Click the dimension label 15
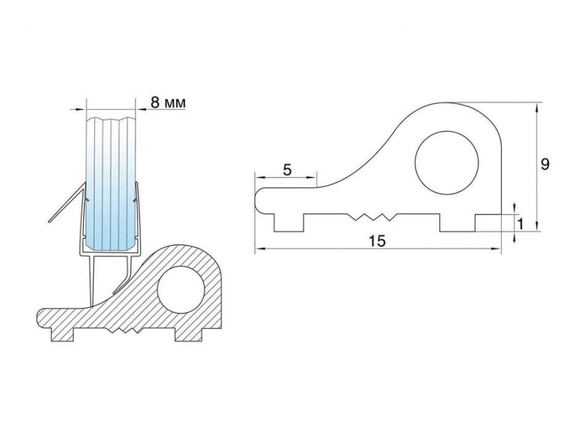pyautogui.click(x=378, y=241)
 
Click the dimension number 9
pyautogui.click(x=545, y=164)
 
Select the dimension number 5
pyautogui.click(x=287, y=170)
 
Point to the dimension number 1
pyautogui.click(x=520, y=224)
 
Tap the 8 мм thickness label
pyautogui.click(x=168, y=102)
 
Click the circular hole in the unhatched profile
pyautogui.click(x=447, y=163)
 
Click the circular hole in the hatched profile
pyautogui.click(x=181, y=290)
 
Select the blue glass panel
pyautogui.click(x=110, y=183)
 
